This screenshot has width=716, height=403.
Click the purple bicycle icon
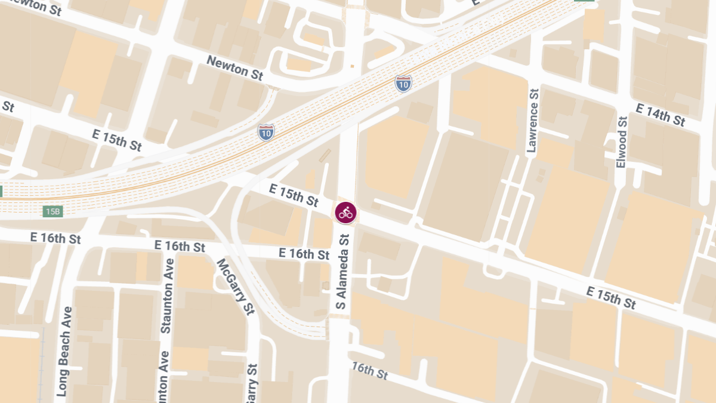(x=345, y=213)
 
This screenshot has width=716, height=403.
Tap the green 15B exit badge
(x=53, y=211)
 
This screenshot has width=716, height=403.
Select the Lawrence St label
(x=533, y=121)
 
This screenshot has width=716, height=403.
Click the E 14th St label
(x=661, y=115)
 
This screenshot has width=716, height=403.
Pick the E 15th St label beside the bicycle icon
(x=294, y=195)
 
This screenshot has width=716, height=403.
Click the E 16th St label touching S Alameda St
(x=304, y=254)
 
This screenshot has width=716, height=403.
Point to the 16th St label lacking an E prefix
(x=369, y=371)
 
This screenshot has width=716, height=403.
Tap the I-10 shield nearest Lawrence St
(x=403, y=84)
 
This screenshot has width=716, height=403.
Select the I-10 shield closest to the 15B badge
(x=267, y=132)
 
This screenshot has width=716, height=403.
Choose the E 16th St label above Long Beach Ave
(x=55, y=238)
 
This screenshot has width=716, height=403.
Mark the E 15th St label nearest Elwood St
(x=611, y=297)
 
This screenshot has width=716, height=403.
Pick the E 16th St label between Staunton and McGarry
(x=180, y=246)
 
